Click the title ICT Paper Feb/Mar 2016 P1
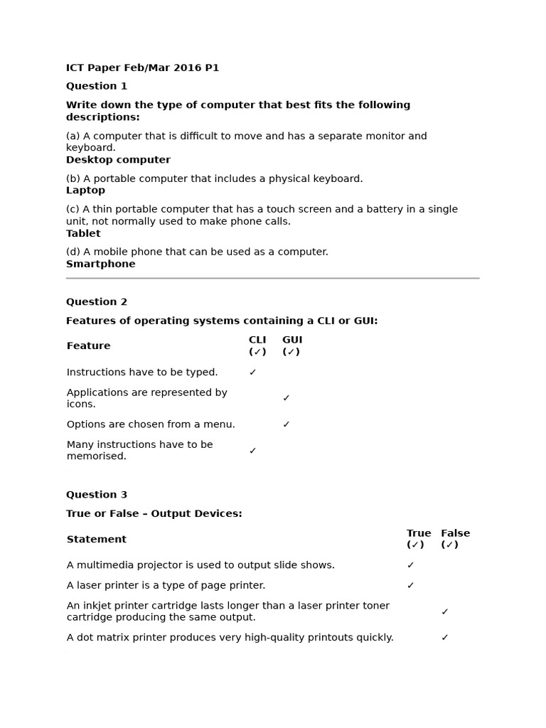point(142,68)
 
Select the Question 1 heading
point(97,86)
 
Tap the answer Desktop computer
point(118,160)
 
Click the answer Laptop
point(85,191)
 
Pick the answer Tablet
point(83,233)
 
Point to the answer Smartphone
point(100,264)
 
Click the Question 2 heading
point(97,301)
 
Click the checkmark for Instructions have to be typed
point(253,373)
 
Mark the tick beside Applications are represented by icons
point(287,398)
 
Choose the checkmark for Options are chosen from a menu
point(287,424)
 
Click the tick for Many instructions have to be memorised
point(253,451)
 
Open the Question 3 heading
point(97,495)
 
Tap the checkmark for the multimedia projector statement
point(411,565)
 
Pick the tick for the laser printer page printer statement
point(411,586)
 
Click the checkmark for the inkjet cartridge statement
point(445,611)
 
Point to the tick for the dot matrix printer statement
point(445,638)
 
